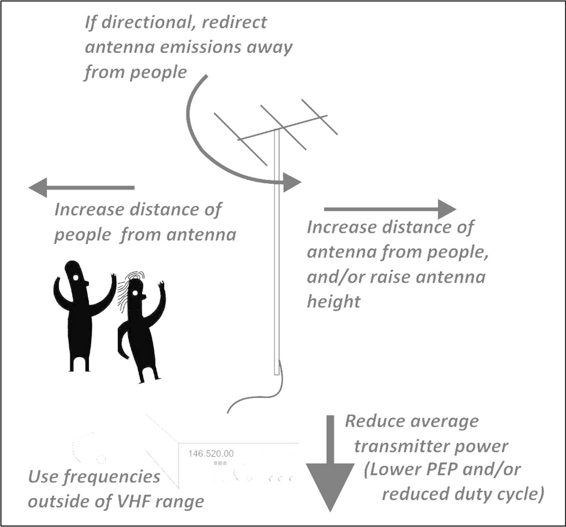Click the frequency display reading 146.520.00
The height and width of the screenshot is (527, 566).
click(210, 453)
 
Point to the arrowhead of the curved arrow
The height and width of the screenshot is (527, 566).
click(292, 182)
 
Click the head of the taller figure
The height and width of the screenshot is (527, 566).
click(75, 273)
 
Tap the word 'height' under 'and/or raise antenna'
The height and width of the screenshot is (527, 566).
click(334, 302)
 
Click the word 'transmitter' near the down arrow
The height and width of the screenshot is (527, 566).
click(403, 446)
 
